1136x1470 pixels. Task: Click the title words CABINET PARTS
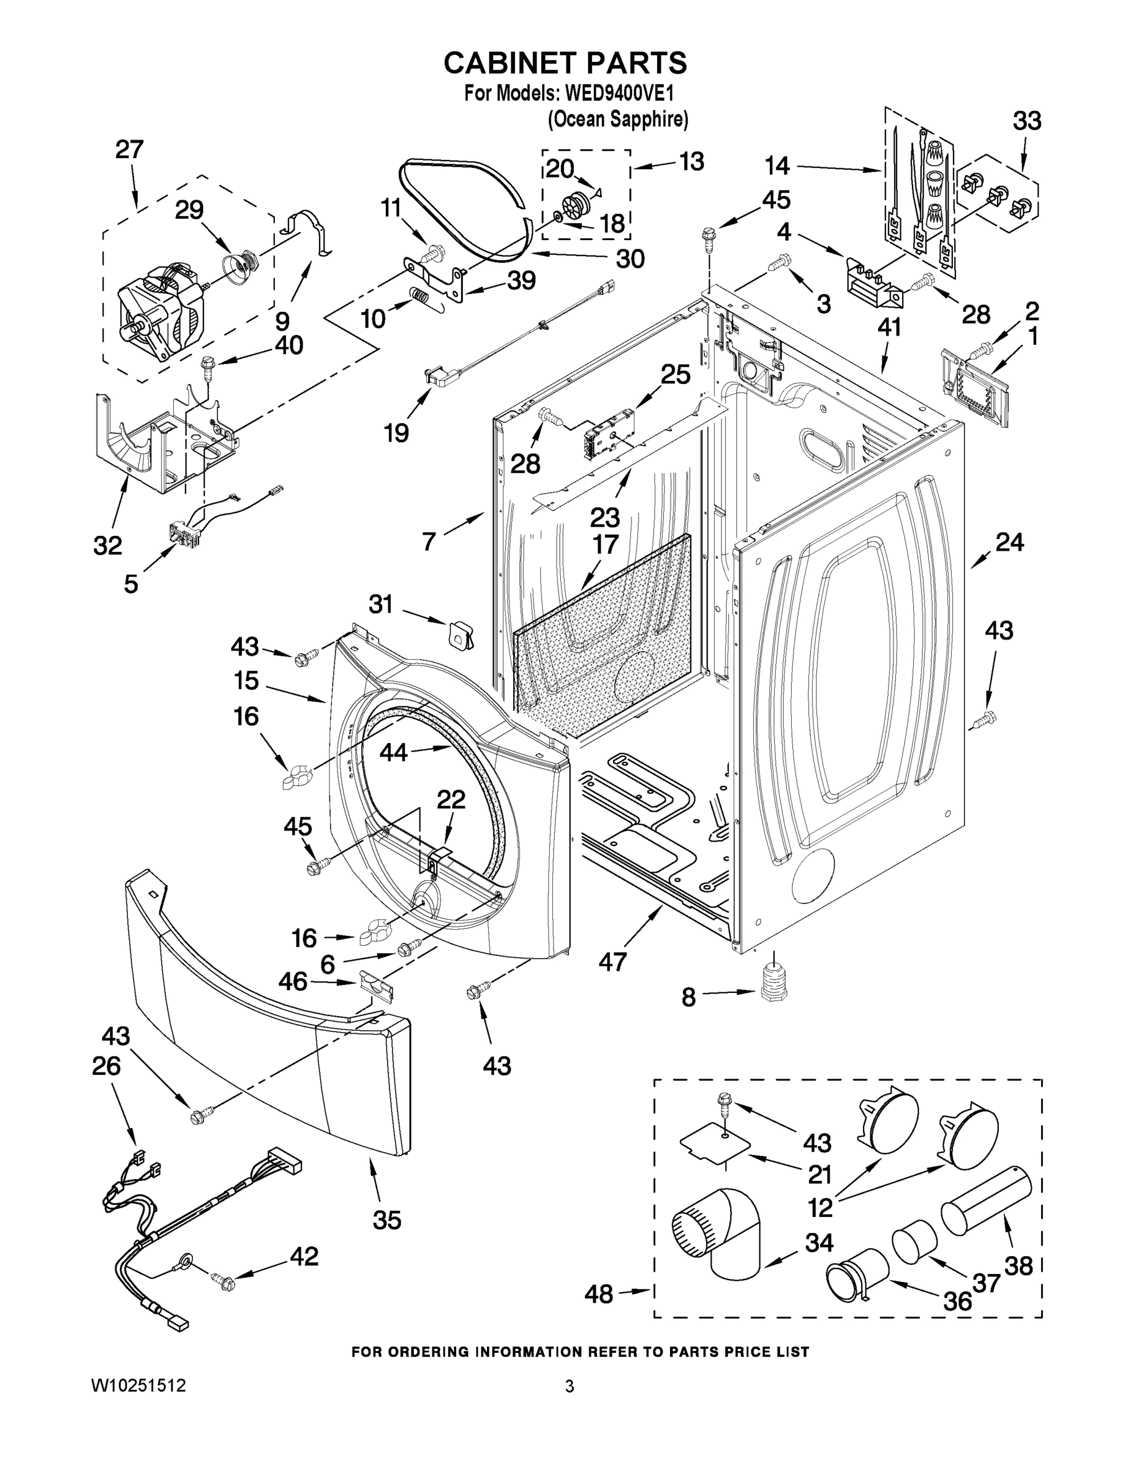tap(565, 62)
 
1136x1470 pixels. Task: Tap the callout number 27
tap(129, 149)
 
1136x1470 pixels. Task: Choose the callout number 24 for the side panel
tap(1009, 542)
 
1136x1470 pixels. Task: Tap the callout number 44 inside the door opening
tap(394, 753)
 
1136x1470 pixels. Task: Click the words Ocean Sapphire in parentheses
tap(618, 119)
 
